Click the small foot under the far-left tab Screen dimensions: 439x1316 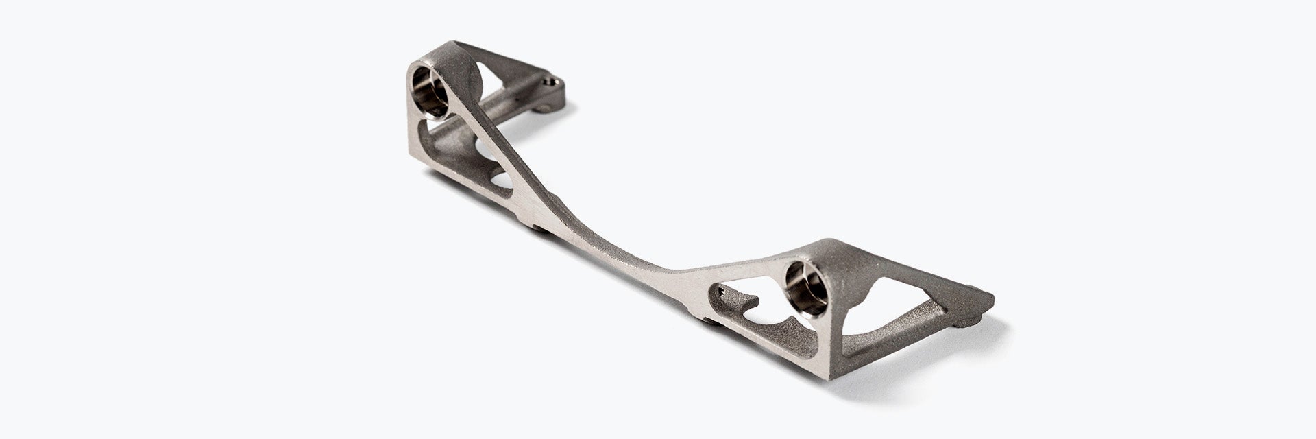[546, 109]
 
